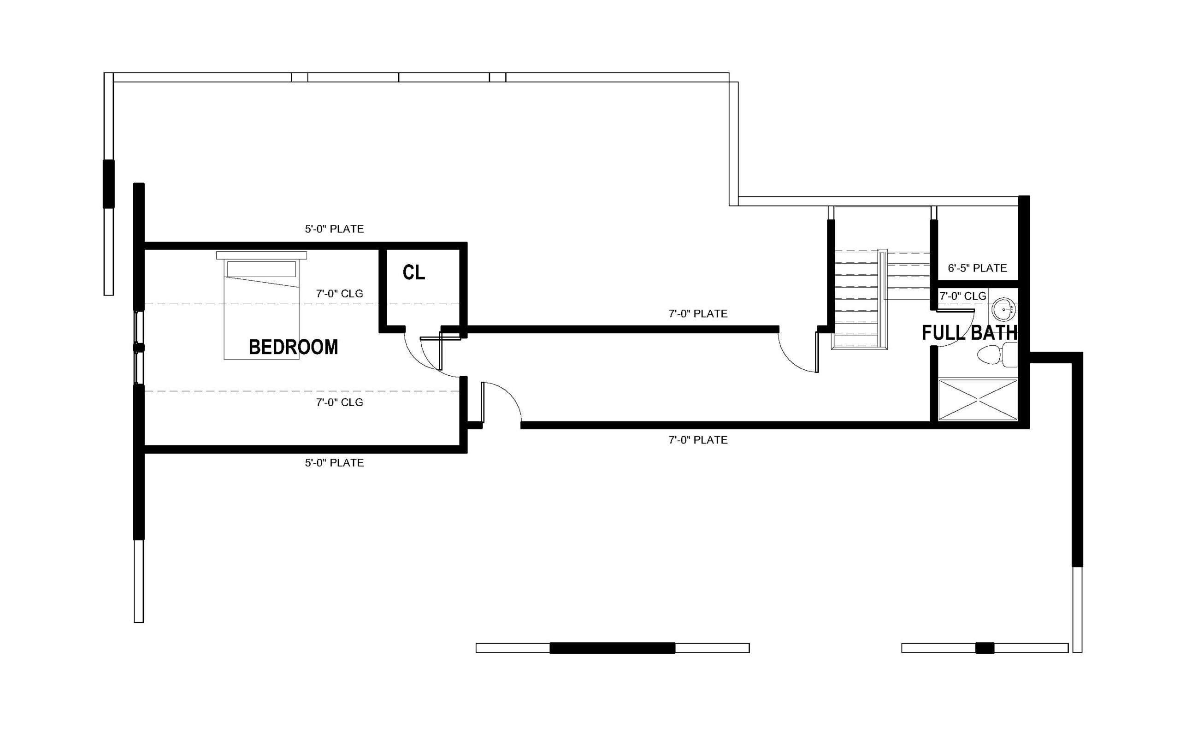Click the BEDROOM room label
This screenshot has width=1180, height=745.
[x=294, y=347]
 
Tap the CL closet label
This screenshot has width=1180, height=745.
[x=414, y=272]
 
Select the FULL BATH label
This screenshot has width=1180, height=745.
[x=970, y=333]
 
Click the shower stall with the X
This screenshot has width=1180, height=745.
[x=978, y=399]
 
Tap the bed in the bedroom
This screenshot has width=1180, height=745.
[x=262, y=306]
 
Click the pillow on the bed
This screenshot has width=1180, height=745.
[x=262, y=269]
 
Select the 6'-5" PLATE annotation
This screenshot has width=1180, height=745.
[x=977, y=268]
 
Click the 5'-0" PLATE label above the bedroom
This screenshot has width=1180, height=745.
[x=334, y=229]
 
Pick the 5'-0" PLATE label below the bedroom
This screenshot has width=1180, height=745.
[x=334, y=463]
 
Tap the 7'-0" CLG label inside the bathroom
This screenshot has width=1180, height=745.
[x=962, y=296]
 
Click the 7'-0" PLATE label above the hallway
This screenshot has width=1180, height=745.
[x=698, y=313]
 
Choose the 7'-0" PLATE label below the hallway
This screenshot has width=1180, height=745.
[x=698, y=440]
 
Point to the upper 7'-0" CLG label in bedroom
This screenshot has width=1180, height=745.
[x=339, y=294]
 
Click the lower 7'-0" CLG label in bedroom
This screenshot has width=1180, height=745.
[x=339, y=402]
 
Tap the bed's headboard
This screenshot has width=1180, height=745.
[x=262, y=255]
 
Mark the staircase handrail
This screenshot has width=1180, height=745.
[x=883, y=299]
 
